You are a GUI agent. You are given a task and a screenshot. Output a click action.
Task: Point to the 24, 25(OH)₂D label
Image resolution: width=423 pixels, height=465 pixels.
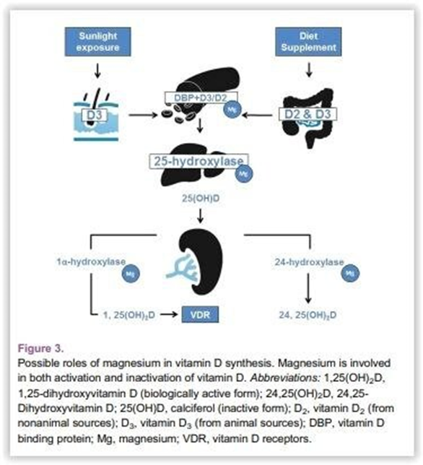309,316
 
